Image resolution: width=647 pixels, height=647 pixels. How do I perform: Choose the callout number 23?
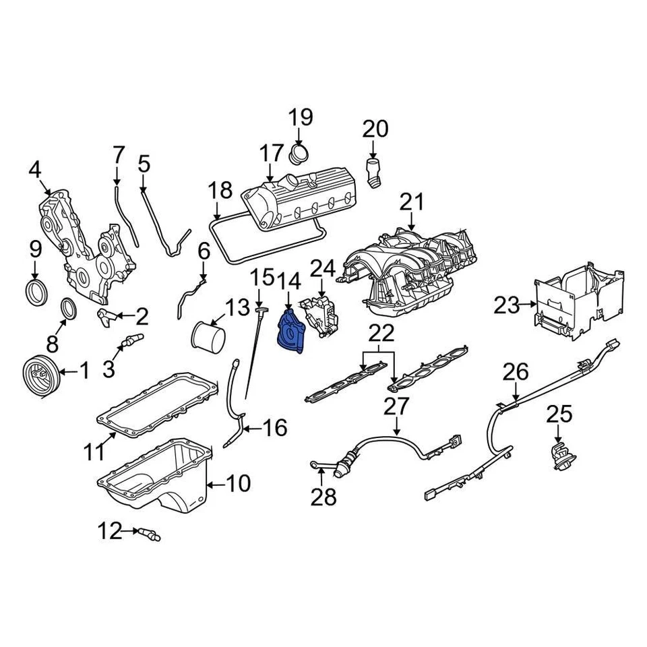[x=508, y=307]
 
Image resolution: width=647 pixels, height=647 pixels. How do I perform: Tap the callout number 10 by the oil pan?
[x=237, y=483]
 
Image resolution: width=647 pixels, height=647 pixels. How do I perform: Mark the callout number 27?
[x=396, y=407]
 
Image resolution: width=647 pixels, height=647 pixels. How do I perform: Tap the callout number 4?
[x=35, y=169]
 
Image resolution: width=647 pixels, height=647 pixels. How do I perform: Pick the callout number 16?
[x=274, y=427]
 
